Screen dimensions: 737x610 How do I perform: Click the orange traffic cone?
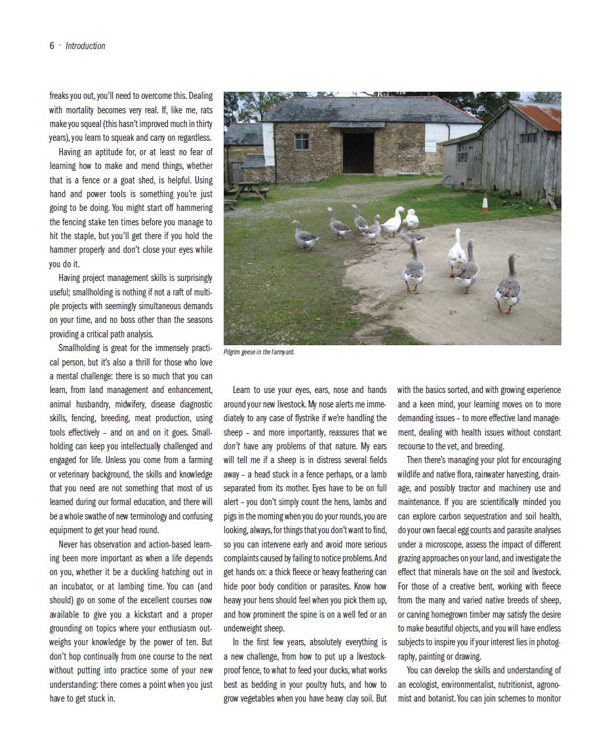click(485, 202)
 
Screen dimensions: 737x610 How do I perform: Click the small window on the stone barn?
click(301, 141)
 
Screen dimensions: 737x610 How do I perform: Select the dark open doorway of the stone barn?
click(358, 153)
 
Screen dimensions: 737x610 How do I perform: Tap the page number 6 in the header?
click(52, 46)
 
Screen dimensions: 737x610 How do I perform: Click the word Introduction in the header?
click(85, 46)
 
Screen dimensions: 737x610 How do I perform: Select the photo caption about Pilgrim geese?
click(259, 352)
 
